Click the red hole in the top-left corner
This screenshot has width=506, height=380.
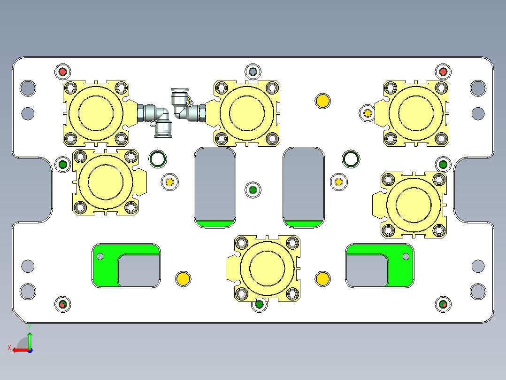point(62,72)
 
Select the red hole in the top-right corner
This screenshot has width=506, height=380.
point(442,72)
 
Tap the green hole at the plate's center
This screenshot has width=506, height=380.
point(253,190)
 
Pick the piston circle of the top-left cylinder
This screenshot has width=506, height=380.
point(96,113)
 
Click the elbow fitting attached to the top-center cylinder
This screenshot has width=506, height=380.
point(183,106)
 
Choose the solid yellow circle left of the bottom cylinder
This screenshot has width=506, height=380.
point(183,278)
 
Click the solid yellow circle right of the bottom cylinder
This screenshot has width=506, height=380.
point(322,278)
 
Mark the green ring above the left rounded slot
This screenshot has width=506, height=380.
point(157,159)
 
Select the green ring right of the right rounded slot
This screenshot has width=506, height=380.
point(350,159)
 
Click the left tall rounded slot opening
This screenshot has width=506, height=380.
point(215,183)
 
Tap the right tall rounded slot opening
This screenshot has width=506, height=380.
point(303,183)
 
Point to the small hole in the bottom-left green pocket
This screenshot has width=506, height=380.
point(100,256)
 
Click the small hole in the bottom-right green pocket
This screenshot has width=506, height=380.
point(406,256)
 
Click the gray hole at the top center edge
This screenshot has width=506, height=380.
point(253,72)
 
